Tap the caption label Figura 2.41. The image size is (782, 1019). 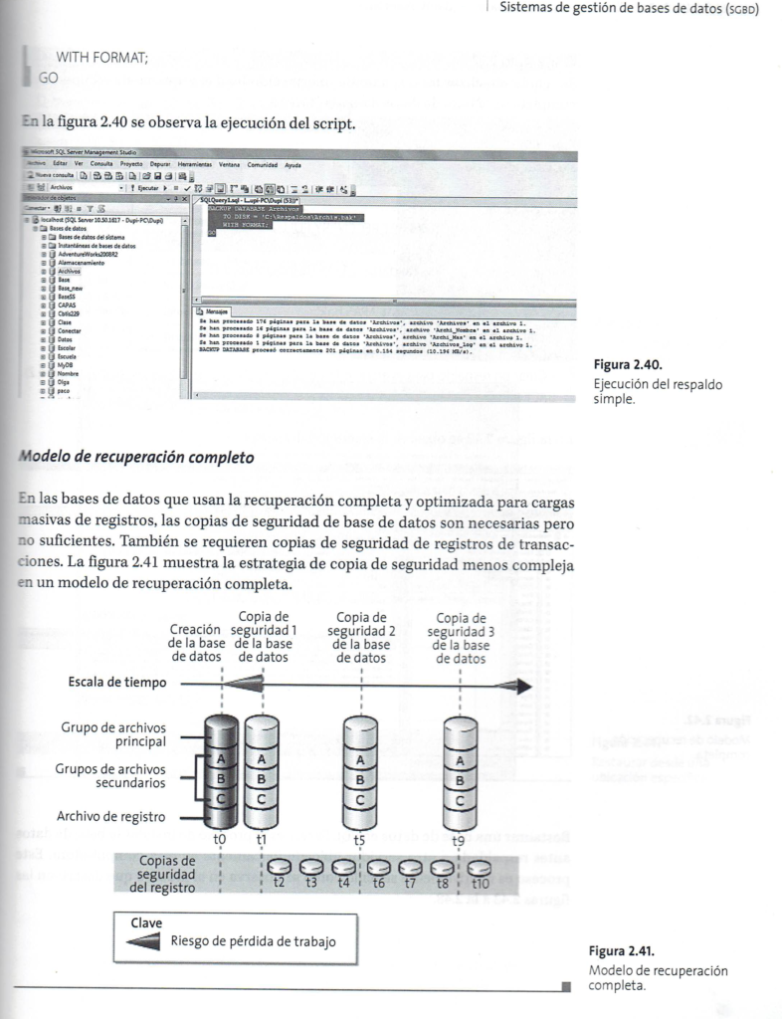(x=621, y=952)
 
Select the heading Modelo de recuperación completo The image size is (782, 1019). (x=134, y=458)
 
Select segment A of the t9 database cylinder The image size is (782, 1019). (x=459, y=760)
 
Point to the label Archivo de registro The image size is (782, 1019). (x=111, y=817)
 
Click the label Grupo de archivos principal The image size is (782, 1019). (x=113, y=733)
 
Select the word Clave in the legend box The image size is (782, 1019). (x=146, y=921)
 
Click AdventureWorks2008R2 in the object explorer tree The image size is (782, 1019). (x=89, y=253)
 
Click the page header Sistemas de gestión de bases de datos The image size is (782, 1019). (x=629, y=9)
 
